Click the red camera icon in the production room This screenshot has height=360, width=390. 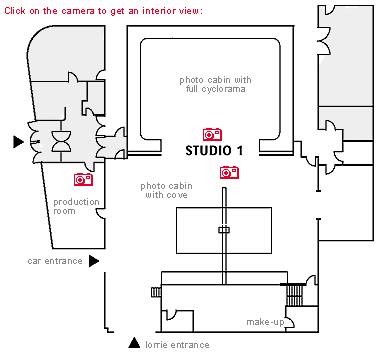(84, 179)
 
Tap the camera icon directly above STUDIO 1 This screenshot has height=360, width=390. (212, 134)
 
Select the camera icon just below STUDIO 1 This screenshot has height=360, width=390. (229, 172)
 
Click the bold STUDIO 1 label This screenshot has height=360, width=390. (213, 150)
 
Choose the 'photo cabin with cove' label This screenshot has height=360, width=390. (165, 190)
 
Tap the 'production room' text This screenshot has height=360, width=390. (77, 206)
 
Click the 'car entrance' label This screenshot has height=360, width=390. (55, 261)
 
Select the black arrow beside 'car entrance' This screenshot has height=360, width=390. (94, 261)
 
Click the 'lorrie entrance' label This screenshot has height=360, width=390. (177, 345)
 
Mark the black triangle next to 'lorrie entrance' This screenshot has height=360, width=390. (134, 344)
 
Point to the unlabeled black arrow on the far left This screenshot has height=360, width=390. (17, 142)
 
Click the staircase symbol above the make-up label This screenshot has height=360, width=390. (294, 296)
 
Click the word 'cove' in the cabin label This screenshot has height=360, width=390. (178, 195)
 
